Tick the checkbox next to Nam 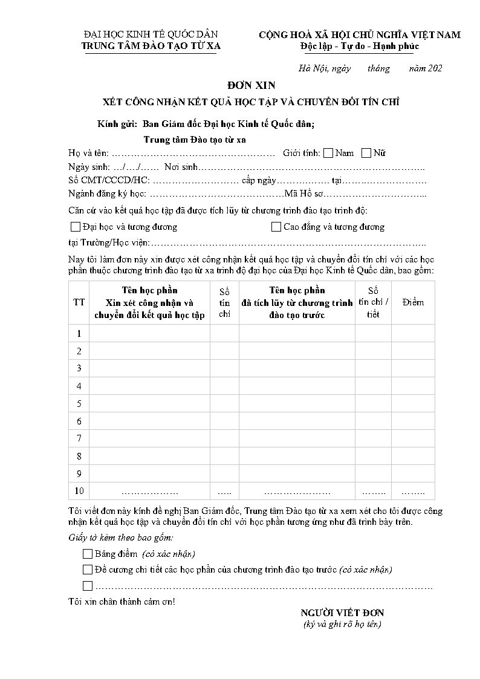tap(328, 153)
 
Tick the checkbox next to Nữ tap(366, 153)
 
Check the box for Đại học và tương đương tap(76, 227)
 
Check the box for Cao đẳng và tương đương tap(276, 227)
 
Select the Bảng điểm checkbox tap(88, 554)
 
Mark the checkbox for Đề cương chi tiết tap(88, 570)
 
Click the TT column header tap(79, 302)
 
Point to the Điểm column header tap(413, 302)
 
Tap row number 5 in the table tap(79, 403)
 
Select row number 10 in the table tap(79, 490)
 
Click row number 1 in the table tap(79, 333)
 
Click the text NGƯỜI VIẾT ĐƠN tap(342, 613)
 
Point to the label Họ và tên tap(89, 153)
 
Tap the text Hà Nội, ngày tap(325, 68)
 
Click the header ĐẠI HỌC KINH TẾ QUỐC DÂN tap(151, 34)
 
